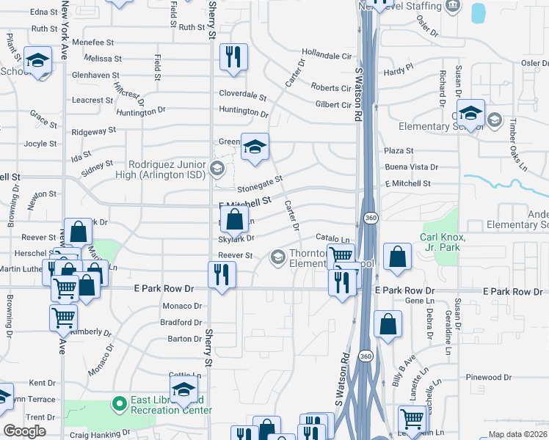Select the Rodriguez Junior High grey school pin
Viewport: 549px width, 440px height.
tap(216, 169)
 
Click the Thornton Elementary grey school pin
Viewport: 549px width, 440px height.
tap(278, 256)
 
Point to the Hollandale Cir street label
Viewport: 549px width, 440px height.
tap(327, 55)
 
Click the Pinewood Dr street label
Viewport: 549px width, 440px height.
tap(488, 377)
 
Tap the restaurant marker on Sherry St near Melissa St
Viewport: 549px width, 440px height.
tap(234, 57)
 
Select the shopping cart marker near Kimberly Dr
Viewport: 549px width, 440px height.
tap(64, 318)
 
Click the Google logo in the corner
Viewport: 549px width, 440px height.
tap(24, 431)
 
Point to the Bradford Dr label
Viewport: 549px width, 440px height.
tap(181, 323)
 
